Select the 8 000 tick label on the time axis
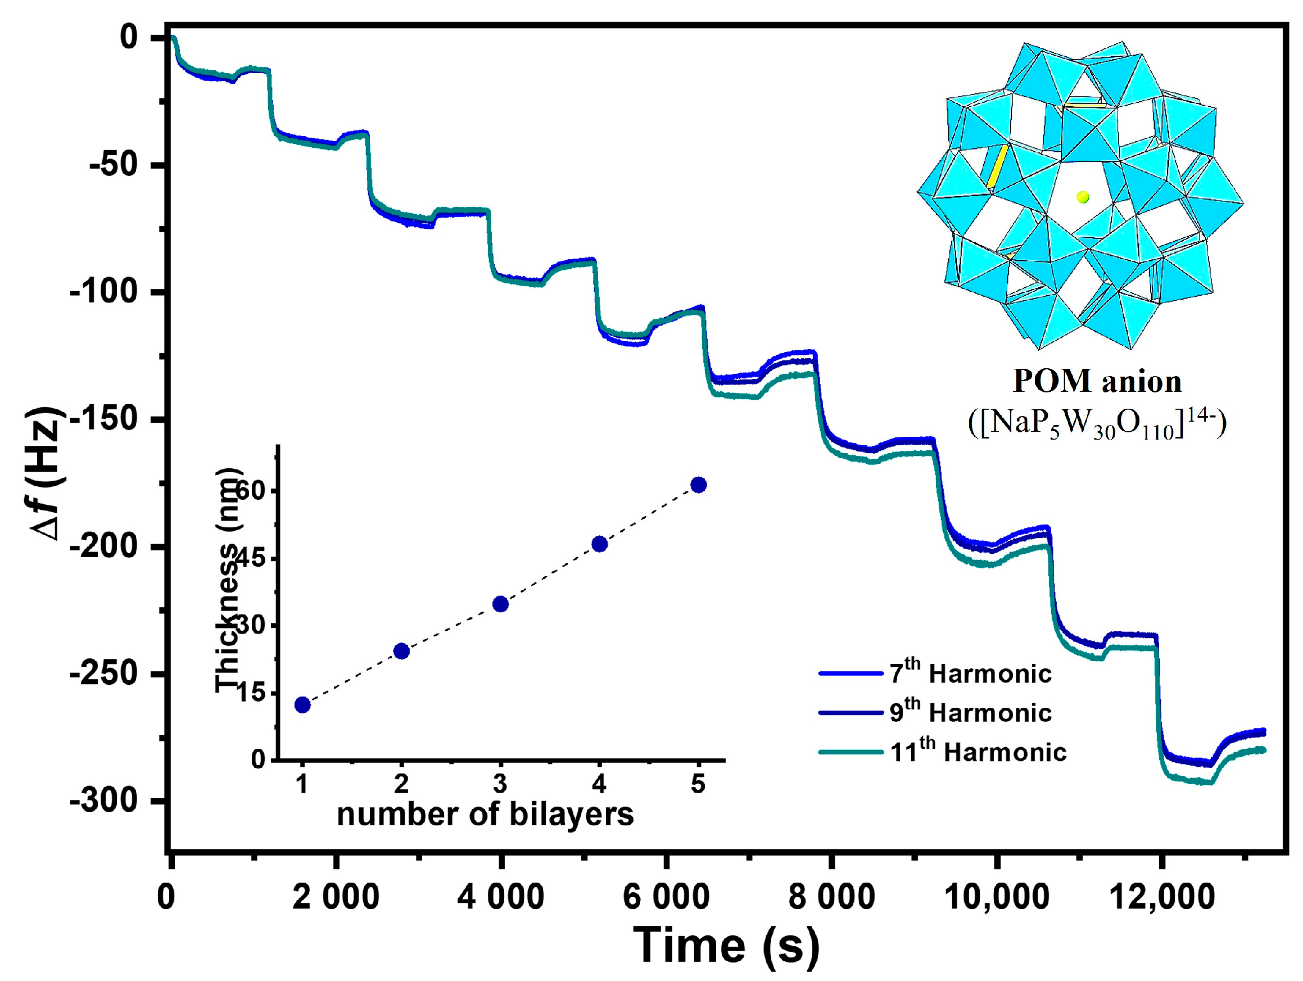(831, 897)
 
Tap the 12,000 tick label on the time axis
(1161, 897)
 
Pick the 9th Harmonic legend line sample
(850, 713)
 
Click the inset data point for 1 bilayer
(302, 704)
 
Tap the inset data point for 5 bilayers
(698, 485)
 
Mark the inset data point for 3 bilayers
(500, 604)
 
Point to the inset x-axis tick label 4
(599, 784)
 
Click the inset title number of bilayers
(485, 814)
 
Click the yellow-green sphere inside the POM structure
(1083, 197)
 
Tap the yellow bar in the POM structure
(997, 167)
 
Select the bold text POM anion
(1097, 381)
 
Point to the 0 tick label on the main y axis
(128, 37)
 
